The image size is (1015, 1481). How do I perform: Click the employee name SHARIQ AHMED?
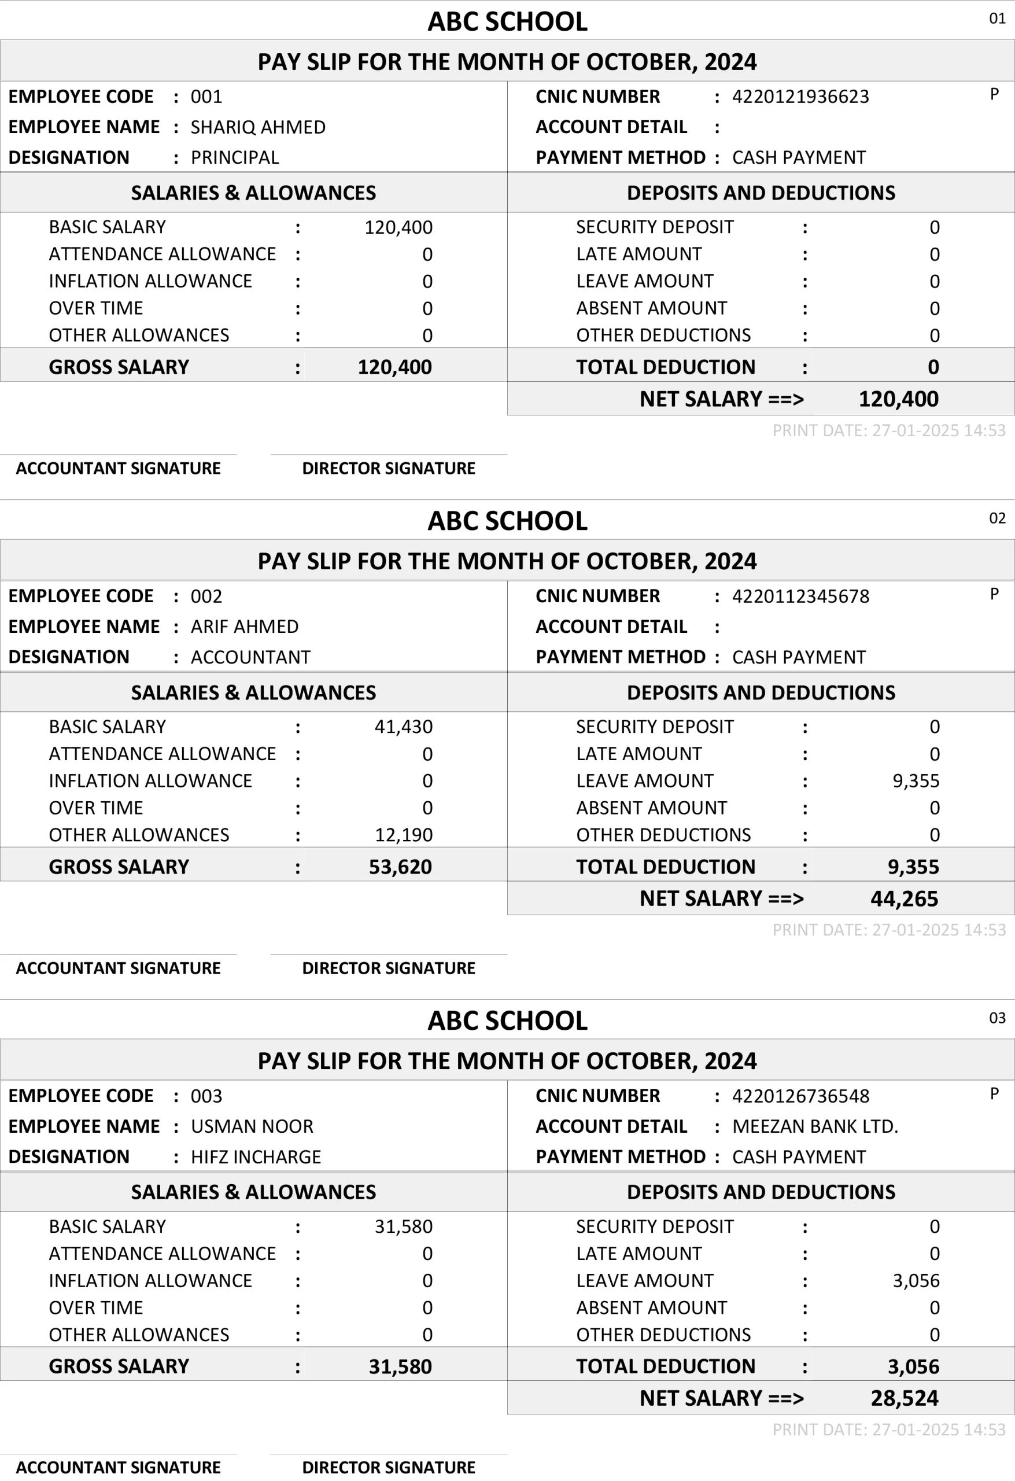[x=258, y=127]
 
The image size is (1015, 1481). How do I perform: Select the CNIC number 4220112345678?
[x=800, y=596]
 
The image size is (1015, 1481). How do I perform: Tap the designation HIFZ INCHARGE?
[x=256, y=1156]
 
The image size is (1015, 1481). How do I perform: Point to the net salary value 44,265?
[x=904, y=898]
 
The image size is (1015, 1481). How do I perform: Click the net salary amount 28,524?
[x=904, y=1398]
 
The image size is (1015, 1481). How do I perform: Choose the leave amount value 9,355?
[x=916, y=780]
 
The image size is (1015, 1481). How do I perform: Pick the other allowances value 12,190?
[x=403, y=835]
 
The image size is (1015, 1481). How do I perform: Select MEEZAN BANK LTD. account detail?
[x=815, y=1126]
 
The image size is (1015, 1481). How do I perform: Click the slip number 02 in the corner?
[x=997, y=518]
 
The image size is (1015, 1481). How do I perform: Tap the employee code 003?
[x=206, y=1096]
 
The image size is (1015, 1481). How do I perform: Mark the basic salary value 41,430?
[x=403, y=727]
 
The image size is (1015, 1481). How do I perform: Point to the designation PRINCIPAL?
[x=234, y=157]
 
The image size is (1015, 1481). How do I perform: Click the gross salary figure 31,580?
[x=400, y=1366]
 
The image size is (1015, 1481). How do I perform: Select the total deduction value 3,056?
[x=913, y=1366]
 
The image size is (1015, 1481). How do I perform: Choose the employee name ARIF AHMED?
[x=245, y=627]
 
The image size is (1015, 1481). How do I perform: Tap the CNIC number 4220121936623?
[x=800, y=96]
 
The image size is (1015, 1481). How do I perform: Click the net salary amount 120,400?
[x=898, y=399]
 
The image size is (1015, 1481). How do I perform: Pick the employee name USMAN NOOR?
[x=252, y=1126]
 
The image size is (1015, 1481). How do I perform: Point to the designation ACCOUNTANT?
[x=250, y=657]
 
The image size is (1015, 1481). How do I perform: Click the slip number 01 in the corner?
[x=997, y=19]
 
